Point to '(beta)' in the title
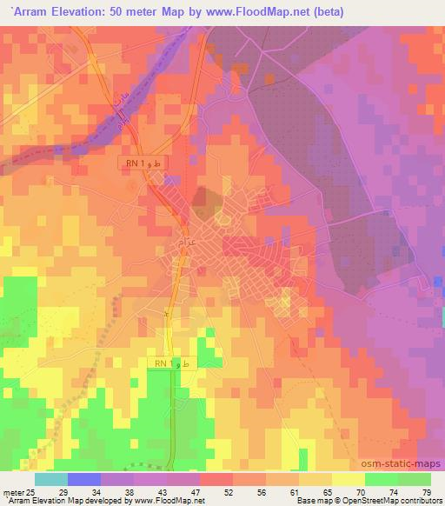coord(326,11)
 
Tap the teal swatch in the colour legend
coord(51,479)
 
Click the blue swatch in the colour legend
coord(84,479)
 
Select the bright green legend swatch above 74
coord(381,479)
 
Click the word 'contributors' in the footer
coord(418,502)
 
